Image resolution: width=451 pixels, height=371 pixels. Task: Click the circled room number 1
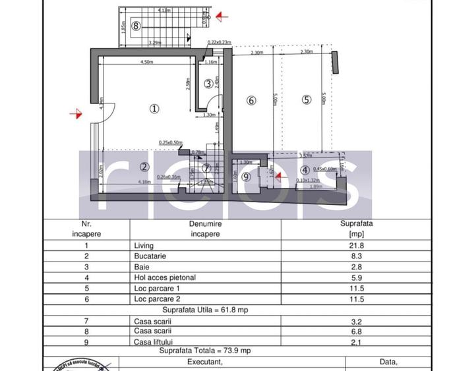[x=154, y=108]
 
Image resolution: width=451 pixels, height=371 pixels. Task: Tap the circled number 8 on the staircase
[x=135, y=26]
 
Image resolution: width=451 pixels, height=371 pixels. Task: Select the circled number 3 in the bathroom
[x=208, y=83]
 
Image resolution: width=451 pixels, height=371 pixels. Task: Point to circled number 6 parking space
[x=251, y=100]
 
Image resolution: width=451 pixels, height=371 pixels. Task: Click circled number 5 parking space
[x=306, y=100]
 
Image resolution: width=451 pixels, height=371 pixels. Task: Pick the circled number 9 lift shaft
[x=246, y=176]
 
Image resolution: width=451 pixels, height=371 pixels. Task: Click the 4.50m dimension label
[x=146, y=63]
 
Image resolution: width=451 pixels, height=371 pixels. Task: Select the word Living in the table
[x=143, y=245]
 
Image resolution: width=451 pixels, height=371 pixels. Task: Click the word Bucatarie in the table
[x=148, y=256]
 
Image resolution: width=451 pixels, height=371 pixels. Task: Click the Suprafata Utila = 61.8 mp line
[x=204, y=309]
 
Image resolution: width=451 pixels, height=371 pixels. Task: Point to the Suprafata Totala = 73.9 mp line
[x=204, y=351]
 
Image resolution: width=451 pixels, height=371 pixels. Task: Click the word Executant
[x=206, y=362]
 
